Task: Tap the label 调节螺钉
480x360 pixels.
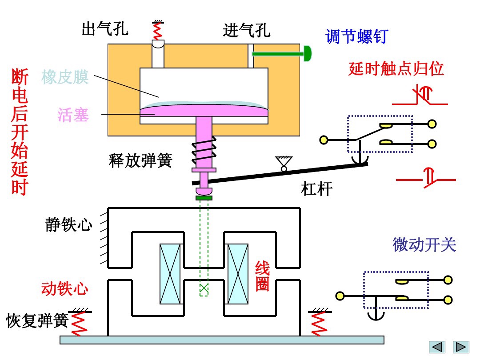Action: coord(357,36)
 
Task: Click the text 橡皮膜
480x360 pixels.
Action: coord(65,77)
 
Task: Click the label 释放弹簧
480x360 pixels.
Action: coord(140,160)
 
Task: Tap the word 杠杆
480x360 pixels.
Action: coord(317,189)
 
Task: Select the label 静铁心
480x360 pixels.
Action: coord(69,224)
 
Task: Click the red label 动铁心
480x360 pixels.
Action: coord(64,289)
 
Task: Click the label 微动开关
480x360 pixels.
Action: coord(424,244)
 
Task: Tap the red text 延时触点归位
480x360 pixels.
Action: coord(396,69)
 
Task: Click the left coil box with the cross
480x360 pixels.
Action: coord(171,274)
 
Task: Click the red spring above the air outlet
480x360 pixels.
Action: coord(157,30)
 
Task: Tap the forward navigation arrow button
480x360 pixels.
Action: coord(461,347)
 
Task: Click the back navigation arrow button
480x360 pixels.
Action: coord(437,347)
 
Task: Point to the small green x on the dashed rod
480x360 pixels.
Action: coord(204,288)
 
